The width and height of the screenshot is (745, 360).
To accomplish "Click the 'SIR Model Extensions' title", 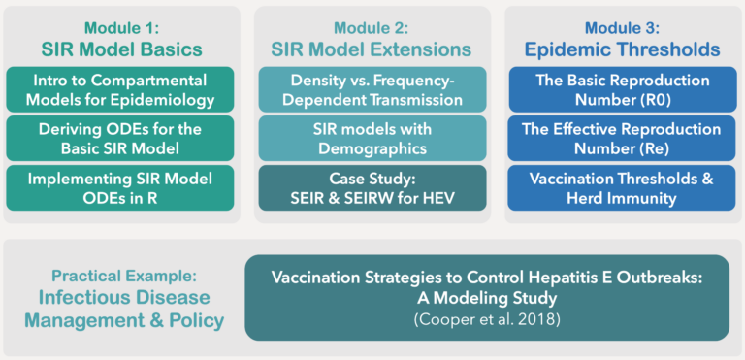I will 372,49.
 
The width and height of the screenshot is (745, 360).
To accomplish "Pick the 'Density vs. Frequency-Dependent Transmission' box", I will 372,89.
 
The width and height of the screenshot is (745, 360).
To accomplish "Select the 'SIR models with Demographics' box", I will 372,139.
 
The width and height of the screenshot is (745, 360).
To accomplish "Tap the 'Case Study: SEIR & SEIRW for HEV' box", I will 372,188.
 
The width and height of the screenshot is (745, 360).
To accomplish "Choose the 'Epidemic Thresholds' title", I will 623,49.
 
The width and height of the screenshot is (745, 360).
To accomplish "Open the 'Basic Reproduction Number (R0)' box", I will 623,89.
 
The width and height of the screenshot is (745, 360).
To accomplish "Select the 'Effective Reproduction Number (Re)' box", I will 623,139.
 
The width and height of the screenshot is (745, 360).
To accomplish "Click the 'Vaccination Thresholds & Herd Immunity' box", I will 623,188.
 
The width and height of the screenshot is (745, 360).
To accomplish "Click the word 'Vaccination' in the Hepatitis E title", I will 315,277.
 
